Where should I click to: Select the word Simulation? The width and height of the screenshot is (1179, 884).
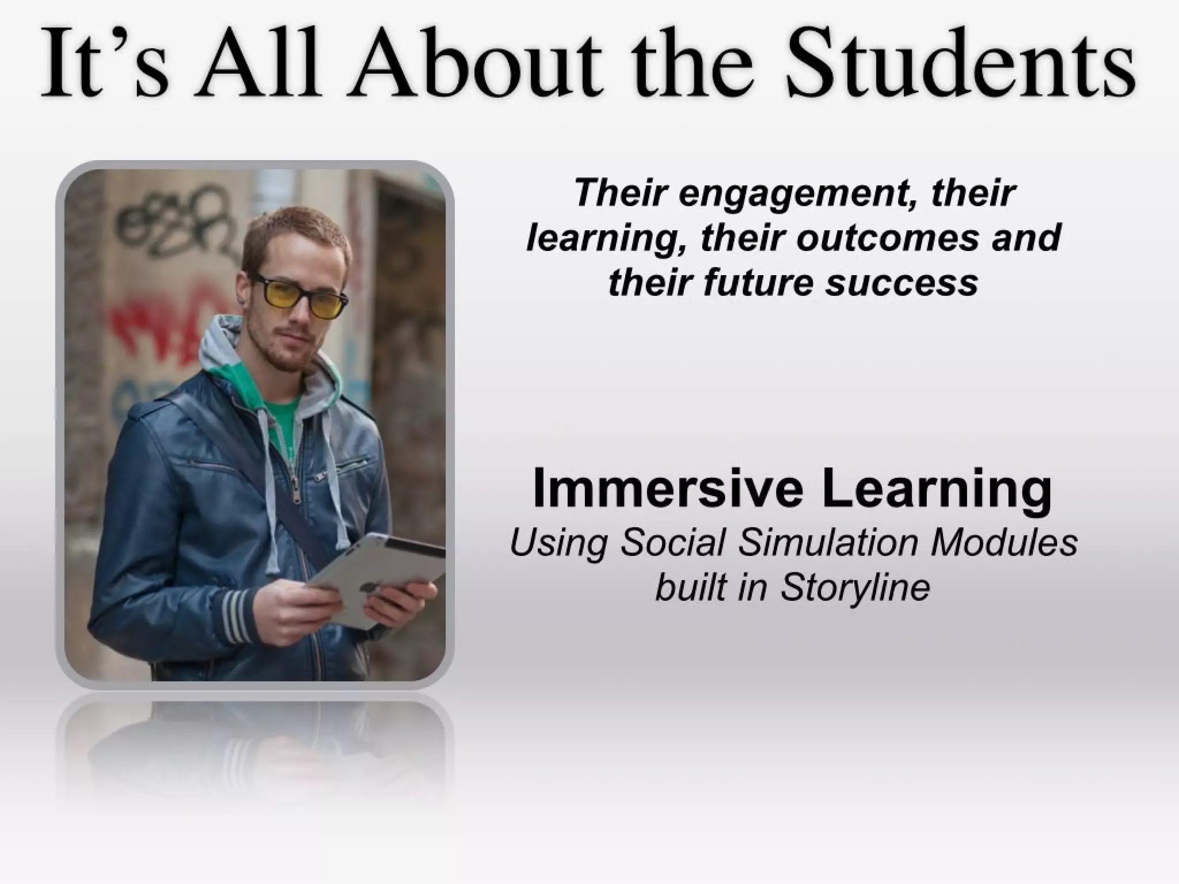coord(829,543)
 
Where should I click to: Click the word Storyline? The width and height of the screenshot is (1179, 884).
coord(855,588)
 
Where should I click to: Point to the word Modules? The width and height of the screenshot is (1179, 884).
coord(1004,543)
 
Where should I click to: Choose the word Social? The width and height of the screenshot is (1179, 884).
coord(672,543)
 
